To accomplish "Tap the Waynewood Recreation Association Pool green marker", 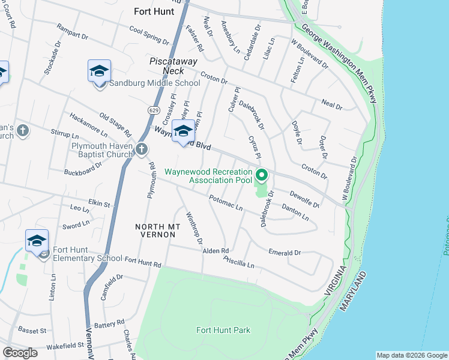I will (x=262, y=176).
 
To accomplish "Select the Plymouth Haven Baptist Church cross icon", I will (x=141, y=149).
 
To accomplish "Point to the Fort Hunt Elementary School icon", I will (x=37, y=241).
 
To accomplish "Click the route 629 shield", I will (x=154, y=110).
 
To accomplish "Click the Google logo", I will (x=20, y=353).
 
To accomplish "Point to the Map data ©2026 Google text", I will (x=411, y=355).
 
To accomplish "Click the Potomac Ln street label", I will (x=225, y=203).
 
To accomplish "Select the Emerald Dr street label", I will (x=285, y=253).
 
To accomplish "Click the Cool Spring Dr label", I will (x=149, y=36).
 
